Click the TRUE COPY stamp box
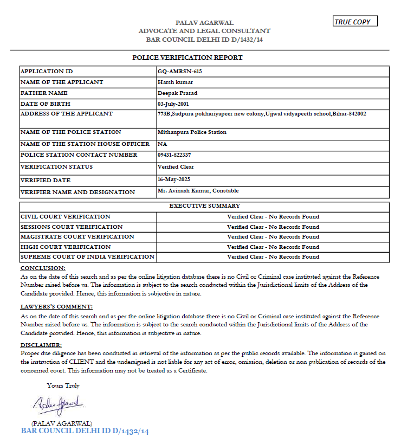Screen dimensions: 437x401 pyautogui.click(x=355, y=22)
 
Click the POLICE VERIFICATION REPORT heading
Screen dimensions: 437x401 pyautogui.click(x=187, y=57)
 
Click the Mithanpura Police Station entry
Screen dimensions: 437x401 pyautogui.click(x=192, y=132)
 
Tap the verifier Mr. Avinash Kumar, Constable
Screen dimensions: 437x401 pyautogui.click(x=198, y=190)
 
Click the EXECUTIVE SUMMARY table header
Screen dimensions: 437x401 pyautogui.click(x=204, y=206)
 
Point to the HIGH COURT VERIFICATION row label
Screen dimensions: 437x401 pyautogui.click(x=66, y=247)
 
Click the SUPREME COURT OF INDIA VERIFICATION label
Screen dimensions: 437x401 pyautogui.click(x=87, y=256)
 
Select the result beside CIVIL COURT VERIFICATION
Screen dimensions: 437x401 pyautogui.click(x=273, y=216)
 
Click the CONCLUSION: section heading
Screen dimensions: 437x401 pyautogui.click(x=43, y=268)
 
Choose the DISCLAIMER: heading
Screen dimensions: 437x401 pyautogui.click(x=41, y=345)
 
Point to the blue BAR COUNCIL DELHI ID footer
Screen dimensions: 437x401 pyautogui.click(x=85, y=431)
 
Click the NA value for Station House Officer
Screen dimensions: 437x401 pyautogui.click(x=162, y=144)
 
